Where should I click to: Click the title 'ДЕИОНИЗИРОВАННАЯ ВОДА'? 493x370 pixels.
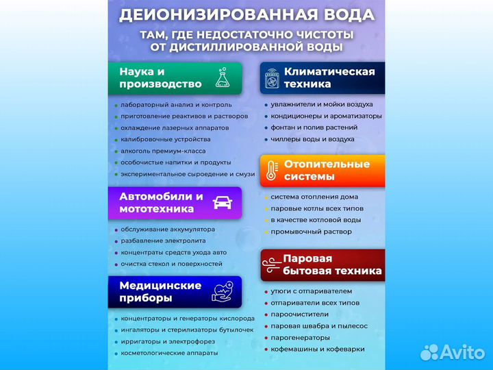click(246, 14)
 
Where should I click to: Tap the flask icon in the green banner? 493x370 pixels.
click(222, 77)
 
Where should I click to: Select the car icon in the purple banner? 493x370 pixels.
click(223, 203)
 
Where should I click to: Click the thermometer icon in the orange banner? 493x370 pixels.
click(271, 170)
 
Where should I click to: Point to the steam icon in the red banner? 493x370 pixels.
click(273, 264)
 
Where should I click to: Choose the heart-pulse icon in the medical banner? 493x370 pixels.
click(223, 291)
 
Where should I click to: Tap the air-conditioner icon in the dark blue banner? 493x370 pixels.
click(272, 78)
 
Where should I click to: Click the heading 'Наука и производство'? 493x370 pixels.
click(160, 77)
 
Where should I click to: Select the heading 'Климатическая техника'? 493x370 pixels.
click(329, 77)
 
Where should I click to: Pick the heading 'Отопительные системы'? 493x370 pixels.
click(327, 170)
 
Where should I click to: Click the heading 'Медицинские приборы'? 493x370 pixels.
click(160, 291)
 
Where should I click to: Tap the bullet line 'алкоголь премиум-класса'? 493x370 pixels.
click(163, 151)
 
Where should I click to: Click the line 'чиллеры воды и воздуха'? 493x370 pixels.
click(312, 139)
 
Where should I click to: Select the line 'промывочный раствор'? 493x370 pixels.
click(311, 232)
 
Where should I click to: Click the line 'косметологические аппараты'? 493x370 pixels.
click(169, 353)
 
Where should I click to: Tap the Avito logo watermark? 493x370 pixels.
click(452, 351)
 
